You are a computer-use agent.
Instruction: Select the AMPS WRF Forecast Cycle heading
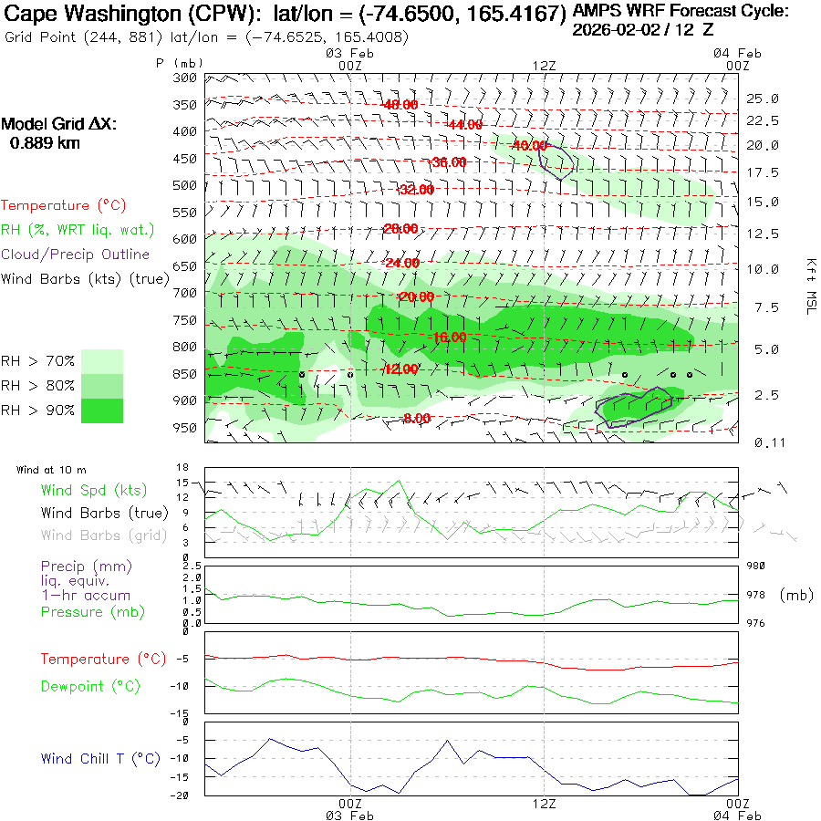pyautogui.click(x=681, y=12)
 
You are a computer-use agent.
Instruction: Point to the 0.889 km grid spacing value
pyautogui.click(x=45, y=143)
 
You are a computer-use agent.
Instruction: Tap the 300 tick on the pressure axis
pyautogui.click(x=185, y=78)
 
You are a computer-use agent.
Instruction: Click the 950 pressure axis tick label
pyautogui.click(x=185, y=428)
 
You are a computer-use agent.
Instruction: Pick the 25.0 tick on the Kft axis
pyautogui.click(x=762, y=99)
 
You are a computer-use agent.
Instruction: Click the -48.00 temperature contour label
pyautogui.click(x=400, y=105)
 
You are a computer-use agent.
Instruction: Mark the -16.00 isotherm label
pyautogui.click(x=448, y=337)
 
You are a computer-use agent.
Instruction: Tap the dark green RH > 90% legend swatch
pyautogui.click(x=102, y=410)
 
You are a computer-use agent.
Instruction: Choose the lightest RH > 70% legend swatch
pyautogui.click(x=102, y=361)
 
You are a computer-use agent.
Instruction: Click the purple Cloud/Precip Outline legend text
pyautogui.click(x=76, y=255)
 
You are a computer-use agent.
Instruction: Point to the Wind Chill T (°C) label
pyautogui.click(x=100, y=758)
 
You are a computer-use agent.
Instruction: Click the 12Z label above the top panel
pyautogui.click(x=544, y=65)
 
